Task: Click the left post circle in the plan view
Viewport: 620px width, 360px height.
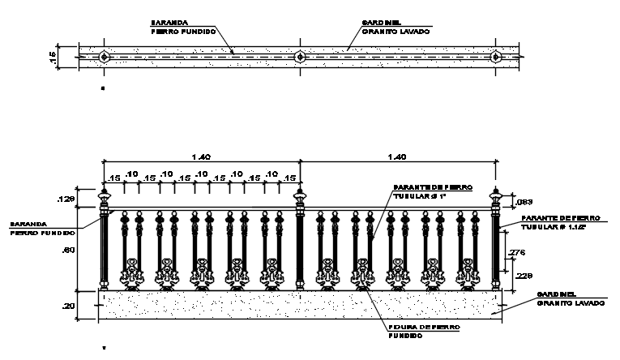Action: click(105, 58)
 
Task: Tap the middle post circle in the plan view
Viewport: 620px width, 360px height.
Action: click(300, 58)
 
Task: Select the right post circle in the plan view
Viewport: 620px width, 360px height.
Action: click(496, 58)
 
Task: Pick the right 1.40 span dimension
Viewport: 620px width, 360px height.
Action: click(397, 156)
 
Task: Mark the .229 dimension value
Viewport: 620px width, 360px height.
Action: click(524, 276)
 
